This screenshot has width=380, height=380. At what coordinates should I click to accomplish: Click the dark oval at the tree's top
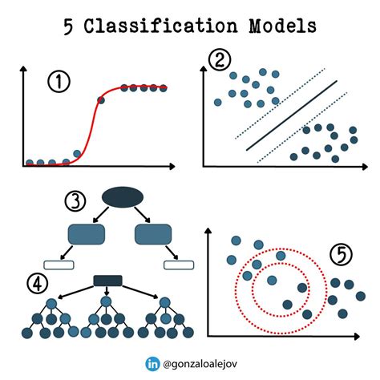(x=122, y=197)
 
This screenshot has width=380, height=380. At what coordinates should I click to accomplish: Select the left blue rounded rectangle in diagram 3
(x=87, y=234)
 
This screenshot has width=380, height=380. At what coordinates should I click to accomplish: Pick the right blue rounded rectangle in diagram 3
(x=156, y=234)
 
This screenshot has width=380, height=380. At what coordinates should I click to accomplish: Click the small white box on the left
(x=58, y=265)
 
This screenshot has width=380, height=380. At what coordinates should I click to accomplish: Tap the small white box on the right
(x=180, y=265)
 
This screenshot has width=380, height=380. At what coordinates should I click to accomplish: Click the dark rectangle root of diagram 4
(x=107, y=280)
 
